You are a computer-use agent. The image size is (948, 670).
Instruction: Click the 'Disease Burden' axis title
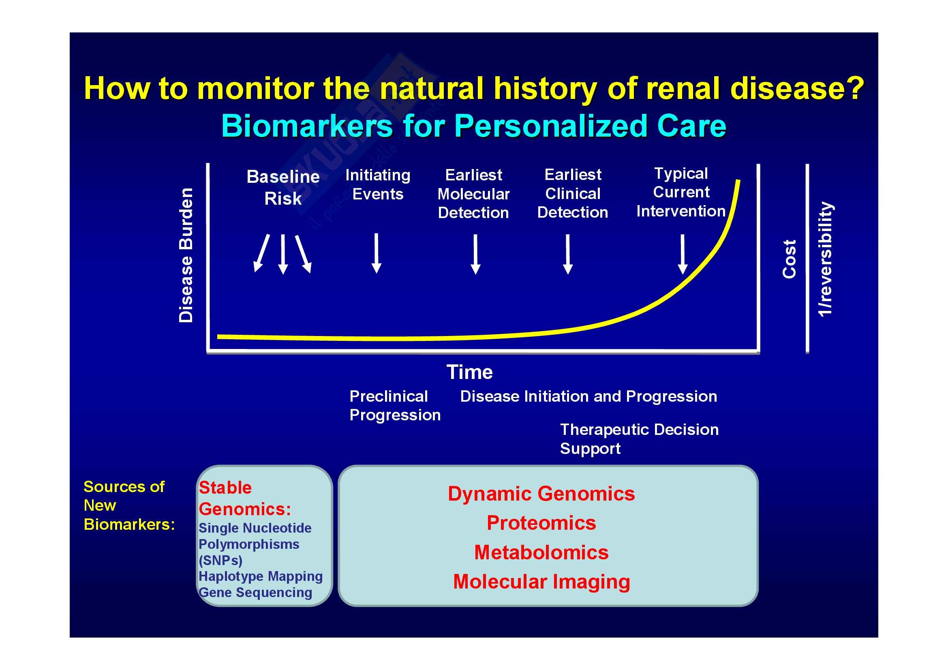pyautogui.click(x=186, y=255)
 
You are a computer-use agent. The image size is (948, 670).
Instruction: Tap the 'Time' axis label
pyautogui.click(x=469, y=372)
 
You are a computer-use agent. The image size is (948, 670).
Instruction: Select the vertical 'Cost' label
pyautogui.click(x=789, y=259)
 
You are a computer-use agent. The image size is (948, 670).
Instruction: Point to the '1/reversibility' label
pyautogui.click(x=825, y=259)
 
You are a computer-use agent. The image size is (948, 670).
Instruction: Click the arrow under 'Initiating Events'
pyautogui.click(x=376, y=253)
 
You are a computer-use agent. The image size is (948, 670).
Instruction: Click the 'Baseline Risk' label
pyautogui.click(x=283, y=187)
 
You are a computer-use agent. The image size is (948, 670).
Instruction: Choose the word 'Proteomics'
pyautogui.click(x=541, y=523)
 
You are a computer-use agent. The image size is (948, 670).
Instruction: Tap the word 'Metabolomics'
pyautogui.click(x=541, y=552)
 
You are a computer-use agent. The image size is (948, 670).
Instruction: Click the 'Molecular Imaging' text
pyautogui.click(x=541, y=582)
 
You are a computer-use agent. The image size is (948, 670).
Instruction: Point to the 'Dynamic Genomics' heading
pyautogui.click(x=541, y=494)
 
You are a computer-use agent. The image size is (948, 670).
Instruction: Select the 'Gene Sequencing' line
pyautogui.click(x=255, y=593)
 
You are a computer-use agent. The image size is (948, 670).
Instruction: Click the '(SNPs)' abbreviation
pyautogui.click(x=220, y=560)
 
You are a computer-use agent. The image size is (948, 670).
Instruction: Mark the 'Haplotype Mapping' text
pyautogui.click(x=261, y=576)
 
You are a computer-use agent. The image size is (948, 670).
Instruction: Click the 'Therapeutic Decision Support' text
pyautogui.click(x=639, y=439)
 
